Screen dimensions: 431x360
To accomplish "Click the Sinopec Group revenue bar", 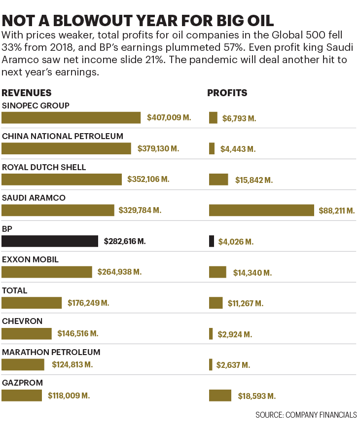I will click(x=72, y=117).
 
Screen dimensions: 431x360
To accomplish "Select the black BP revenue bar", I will click(x=50, y=241).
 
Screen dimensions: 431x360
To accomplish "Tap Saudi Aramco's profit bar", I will click(x=261, y=210).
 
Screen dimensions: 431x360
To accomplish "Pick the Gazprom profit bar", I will click(x=220, y=395).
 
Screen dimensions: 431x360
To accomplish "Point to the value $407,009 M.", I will click(x=169, y=118).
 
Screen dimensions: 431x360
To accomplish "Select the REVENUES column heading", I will click(x=27, y=93).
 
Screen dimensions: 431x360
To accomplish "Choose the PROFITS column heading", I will click(x=227, y=93).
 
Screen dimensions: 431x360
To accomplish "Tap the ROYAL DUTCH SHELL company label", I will click(x=44, y=167).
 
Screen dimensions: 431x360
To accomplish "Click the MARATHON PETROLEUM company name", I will click(x=51, y=352).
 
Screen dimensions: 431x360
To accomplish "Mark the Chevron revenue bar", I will click(x=27, y=334).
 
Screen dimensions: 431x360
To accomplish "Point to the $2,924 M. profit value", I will click(x=235, y=334).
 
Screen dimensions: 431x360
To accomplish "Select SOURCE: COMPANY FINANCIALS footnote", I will click(x=306, y=415).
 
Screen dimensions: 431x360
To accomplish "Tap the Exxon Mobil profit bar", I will click(x=217, y=272).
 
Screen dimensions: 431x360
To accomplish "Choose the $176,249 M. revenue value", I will click(x=88, y=303).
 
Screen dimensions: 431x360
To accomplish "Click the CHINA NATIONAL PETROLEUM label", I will click(x=63, y=136).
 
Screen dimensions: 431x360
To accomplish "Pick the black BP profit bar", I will click(x=212, y=241).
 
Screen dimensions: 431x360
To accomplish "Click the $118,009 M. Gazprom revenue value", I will click(x=69, y=395).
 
